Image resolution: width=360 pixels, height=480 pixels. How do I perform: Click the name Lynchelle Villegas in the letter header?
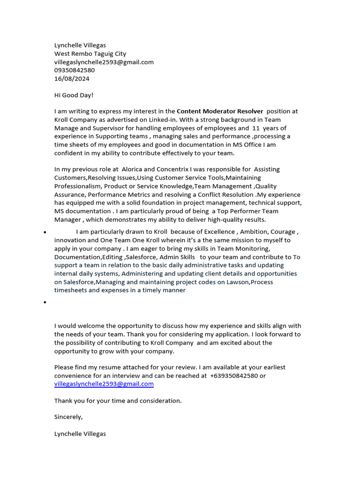click(x=80, y=45)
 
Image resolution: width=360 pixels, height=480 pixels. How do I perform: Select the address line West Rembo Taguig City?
click(x=90, y=54)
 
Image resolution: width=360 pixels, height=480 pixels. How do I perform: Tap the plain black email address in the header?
click(x=104, y=62)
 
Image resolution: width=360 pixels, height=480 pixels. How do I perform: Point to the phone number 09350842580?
click(x=75, y=70)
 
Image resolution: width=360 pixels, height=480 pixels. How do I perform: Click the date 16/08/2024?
click(x=72, y=79)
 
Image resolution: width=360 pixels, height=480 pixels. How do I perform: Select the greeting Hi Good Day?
click(x=74, y=95)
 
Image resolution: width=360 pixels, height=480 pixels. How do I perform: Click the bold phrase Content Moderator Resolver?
click(x=220, y=112)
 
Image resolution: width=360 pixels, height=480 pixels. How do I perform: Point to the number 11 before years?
click(x=255, y=128)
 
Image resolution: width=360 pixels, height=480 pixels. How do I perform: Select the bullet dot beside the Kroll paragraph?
click(x=44, y=232)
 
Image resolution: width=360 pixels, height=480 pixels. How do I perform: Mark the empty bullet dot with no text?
click(x=44, y=303)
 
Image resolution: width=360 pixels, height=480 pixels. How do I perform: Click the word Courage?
click(x=282, y=232)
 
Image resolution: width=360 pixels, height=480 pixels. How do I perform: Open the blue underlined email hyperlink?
click(x=104, y=384)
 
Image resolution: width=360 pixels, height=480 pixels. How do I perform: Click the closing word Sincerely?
click(x=68, y=417)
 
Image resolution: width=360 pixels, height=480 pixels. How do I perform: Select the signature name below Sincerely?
click(x=80, y=434)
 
